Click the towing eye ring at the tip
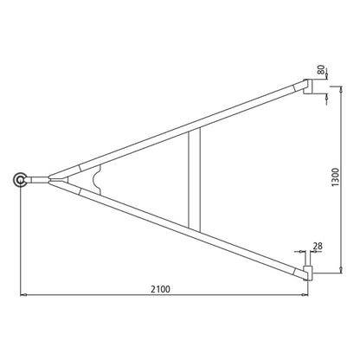click(x=19, y=179)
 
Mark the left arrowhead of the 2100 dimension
click(x=22, y=297)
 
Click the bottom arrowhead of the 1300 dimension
click(x=331, y=274)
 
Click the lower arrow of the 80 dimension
click(x=325, y=97)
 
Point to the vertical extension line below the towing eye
click(x=19, y=242)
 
